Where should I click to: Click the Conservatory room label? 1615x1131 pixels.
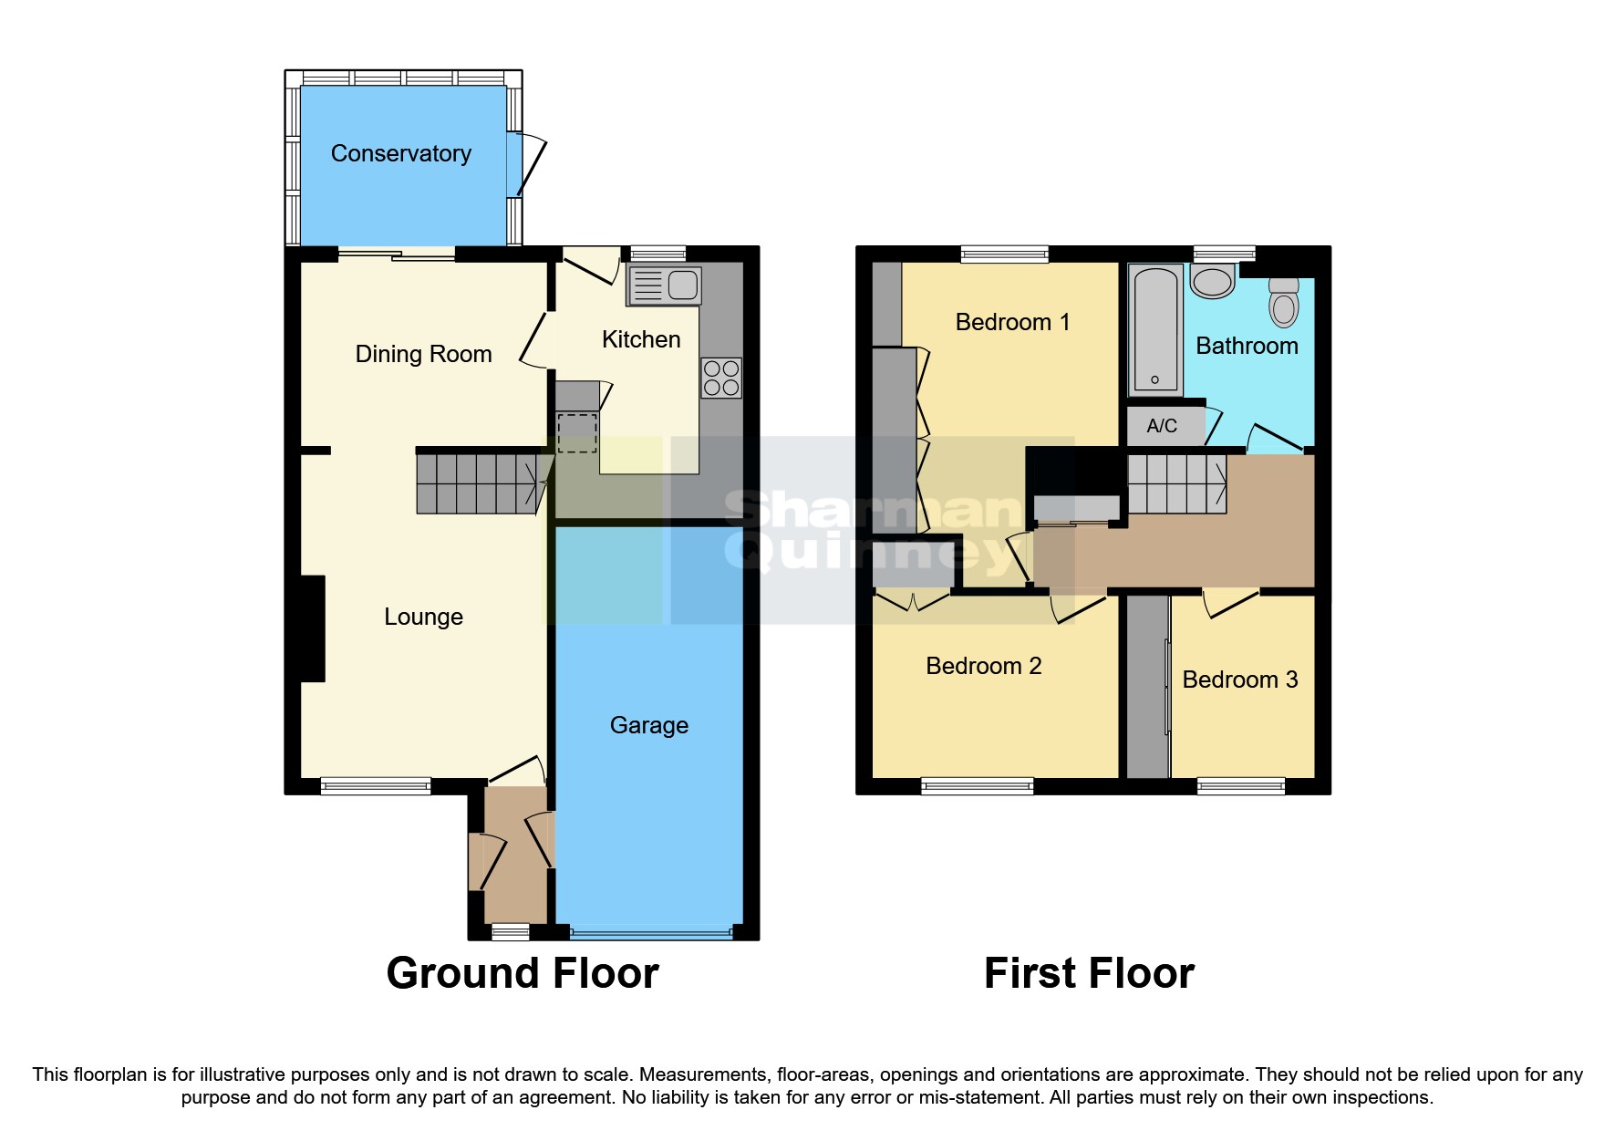[x=400, y=153]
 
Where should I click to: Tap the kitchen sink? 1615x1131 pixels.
[x=665, y=285]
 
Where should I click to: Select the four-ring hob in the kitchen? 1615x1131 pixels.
[x=720, y=378]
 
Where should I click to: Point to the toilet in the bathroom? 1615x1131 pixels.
[x=1283, y=302]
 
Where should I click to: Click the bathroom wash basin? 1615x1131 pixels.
[x=1212, y=281]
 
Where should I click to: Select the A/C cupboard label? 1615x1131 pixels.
[x=1161, y=426]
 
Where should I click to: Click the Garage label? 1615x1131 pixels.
[x=648, y=725]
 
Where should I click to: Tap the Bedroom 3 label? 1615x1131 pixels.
[x=1239, y=680]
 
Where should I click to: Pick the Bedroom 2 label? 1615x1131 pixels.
[x=983, y=666]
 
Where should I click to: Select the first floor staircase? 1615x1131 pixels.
[x=1176, y=484]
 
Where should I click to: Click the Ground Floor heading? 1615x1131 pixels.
[x=523, y=973]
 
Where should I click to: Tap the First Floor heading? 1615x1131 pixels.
[x=1089, y=973]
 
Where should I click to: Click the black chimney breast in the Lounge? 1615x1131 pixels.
[x=312, y=628]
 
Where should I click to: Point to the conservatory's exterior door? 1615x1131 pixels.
[x=529, y=165]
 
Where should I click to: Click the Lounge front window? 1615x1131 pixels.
[x=376, y=785]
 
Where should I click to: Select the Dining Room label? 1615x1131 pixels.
[x=423, y=354]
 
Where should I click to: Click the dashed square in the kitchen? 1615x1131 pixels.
[x=576, y=433]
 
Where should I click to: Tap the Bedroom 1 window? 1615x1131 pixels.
[x=1004, y=254]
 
